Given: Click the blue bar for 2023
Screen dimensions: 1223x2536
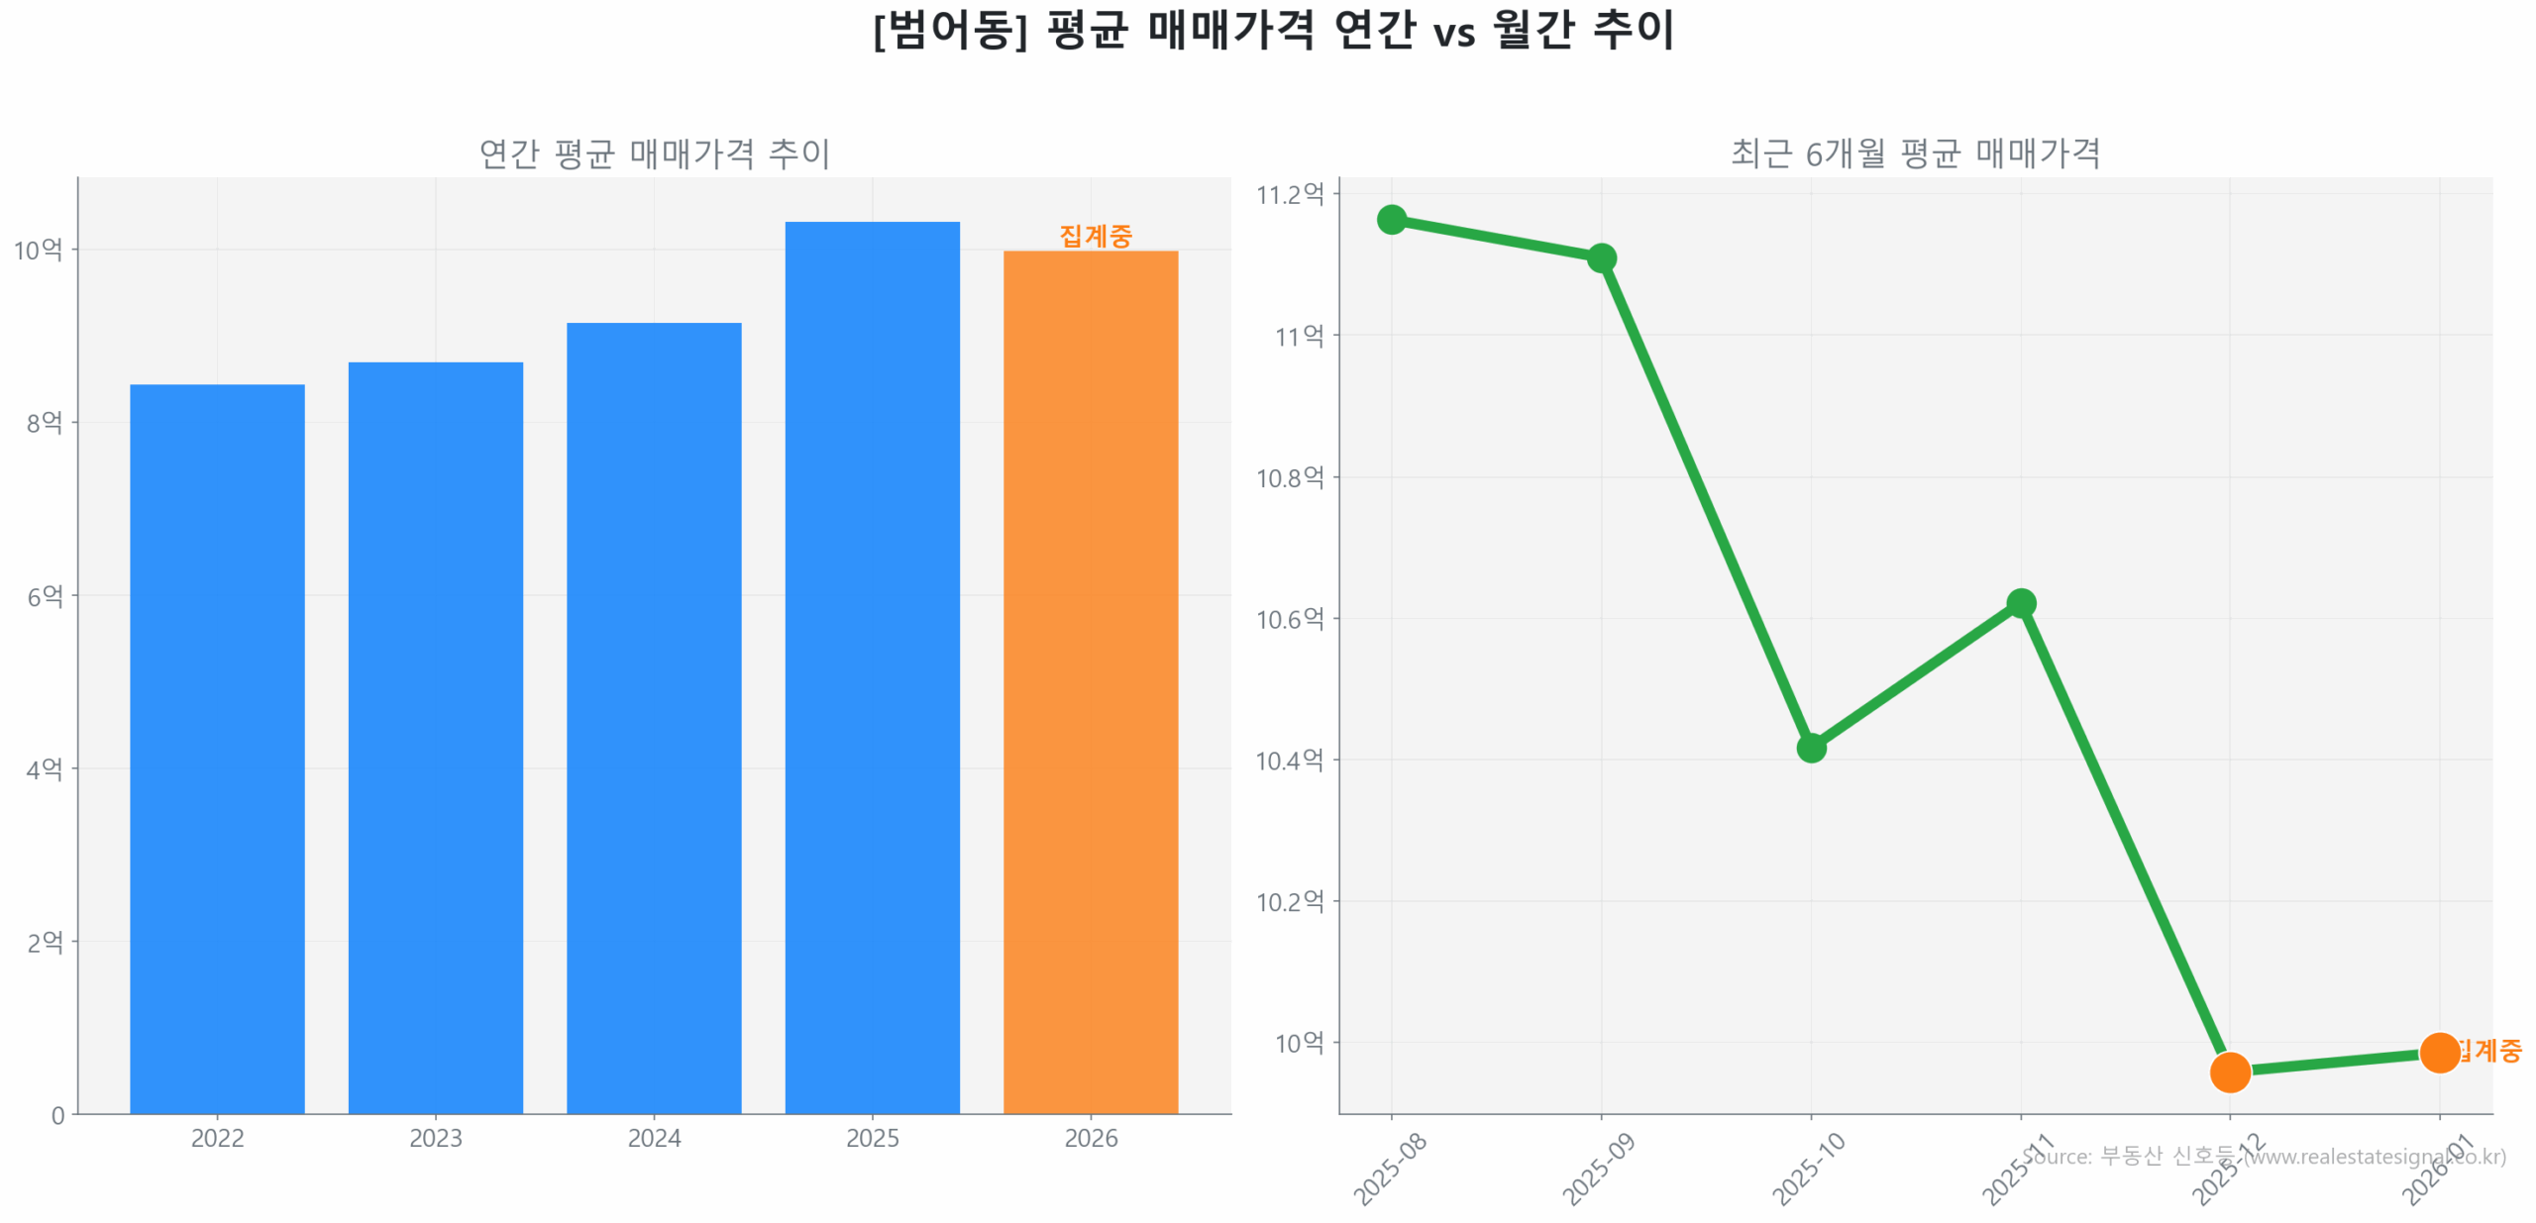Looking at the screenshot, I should tap(435, 737).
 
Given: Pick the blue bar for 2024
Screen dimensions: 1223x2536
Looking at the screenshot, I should tap(654, 717).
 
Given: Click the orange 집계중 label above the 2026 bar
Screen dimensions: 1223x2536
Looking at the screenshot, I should tap(1095, 236).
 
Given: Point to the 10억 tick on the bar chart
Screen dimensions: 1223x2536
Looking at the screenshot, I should tap(38, 250).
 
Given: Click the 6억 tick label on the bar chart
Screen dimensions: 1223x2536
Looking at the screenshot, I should tap(45, 596).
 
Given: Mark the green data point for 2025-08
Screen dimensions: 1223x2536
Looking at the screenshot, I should tap(1391, 219).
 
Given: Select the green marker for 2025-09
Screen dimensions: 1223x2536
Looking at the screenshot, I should tap(1601, 258).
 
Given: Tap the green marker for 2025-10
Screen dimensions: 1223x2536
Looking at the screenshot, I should tap(1811, 748).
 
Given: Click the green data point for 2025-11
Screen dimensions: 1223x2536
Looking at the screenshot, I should tap(2021, 603).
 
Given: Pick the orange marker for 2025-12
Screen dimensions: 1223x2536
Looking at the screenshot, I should tap(2230, 1071).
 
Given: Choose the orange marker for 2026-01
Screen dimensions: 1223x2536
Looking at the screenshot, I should tap(2439, 1053).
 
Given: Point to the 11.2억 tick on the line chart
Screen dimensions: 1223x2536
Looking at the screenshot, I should tap(1290, 194).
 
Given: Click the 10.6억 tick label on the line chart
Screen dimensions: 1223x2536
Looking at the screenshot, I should tap(1290, 619).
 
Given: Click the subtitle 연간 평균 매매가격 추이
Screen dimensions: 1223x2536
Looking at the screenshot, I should tap(654, 153).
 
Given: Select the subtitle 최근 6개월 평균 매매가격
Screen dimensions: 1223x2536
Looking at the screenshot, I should tap(1914, 153).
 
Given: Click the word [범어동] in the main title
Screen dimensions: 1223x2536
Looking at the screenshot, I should tap(949, 30).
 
